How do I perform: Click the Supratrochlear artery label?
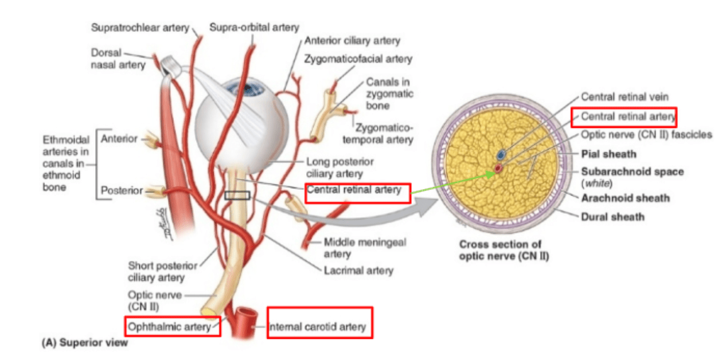[140, 28]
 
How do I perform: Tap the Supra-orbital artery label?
[254, 28]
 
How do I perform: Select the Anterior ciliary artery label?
[352, 41]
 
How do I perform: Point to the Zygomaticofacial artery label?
[358, 59]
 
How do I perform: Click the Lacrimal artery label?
[358, 271]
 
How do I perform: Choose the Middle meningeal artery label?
[365, 248]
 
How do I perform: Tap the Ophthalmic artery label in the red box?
[169, 327]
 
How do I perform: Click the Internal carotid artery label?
[317, 327]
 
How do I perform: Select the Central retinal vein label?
[624, 96]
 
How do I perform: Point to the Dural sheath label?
[612, 217]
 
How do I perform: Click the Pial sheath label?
[608, 154]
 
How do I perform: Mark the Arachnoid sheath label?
[625, 198]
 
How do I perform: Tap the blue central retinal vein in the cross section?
[501, 155]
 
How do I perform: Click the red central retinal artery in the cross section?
[498, 169]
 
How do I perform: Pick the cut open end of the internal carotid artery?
[247, 312]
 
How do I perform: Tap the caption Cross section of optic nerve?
[504, 250]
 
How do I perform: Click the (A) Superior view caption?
[85, 342]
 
